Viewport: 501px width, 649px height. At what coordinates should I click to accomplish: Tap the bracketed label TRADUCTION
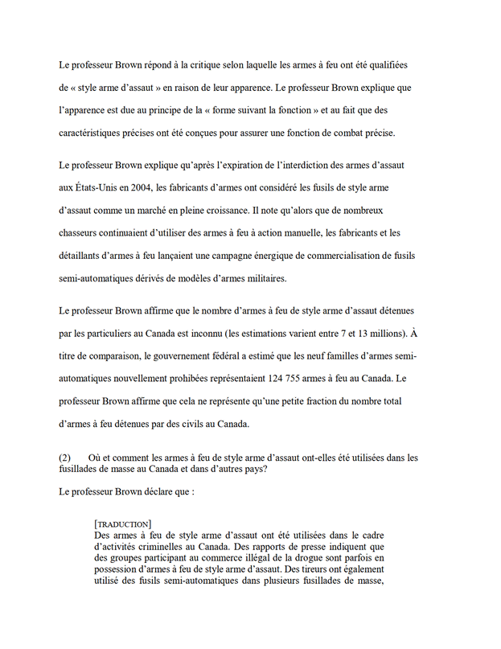click(x=122, y=524)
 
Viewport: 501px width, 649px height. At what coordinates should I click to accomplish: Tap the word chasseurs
click(x=83, y=232)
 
